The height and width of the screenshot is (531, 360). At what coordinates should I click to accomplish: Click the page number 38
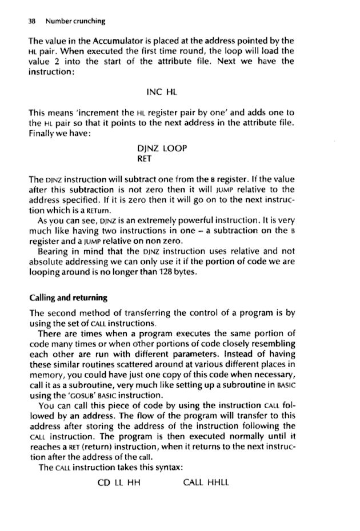(23, 22)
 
